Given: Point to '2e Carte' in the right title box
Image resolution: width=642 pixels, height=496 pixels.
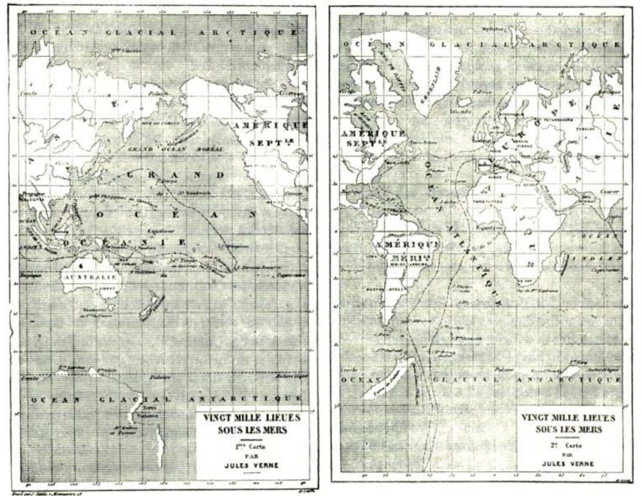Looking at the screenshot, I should tap(568, 445).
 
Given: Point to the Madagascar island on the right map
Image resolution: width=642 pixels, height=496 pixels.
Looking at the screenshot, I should tap(566, 263).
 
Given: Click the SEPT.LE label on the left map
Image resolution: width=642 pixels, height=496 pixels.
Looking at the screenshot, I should tap(268, 143).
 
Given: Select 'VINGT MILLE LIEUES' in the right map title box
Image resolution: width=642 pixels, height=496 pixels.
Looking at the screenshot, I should tap(568, 418).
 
